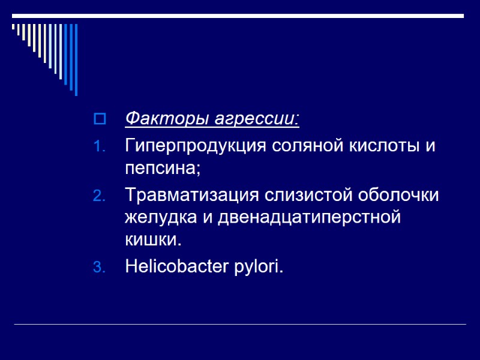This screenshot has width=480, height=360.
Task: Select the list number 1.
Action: pyautogui.click(x=100, y=147)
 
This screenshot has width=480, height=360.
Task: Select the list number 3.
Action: pyautogui.click(x=100, y=268)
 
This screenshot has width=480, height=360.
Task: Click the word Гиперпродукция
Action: pyautogui.click(x=197, y=146)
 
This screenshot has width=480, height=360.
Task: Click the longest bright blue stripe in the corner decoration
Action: pyautogui.click(x=76, y=59)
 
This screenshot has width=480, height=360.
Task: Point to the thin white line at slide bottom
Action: pyautogui.click(x=240, y=325)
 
